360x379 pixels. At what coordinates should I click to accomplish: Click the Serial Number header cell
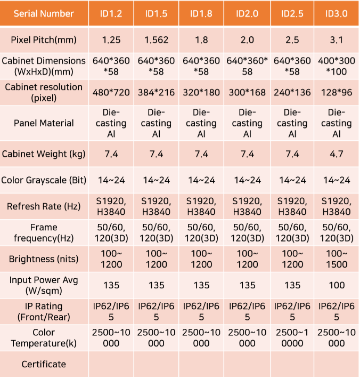click(44, 13)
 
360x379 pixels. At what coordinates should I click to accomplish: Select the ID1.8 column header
click(201, 13)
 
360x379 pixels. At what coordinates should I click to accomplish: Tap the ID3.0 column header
click(336, 13)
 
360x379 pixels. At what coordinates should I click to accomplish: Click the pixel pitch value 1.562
click(156, 40)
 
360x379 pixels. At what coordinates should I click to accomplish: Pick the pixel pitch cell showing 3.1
click(336, 40)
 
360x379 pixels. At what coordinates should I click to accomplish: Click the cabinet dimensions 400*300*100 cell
click(336, 66)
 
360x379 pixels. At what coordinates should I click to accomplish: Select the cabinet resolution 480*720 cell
click(111, 92)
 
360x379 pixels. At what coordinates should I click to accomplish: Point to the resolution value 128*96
click(336, 92)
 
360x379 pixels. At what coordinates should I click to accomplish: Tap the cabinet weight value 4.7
click(336, 154)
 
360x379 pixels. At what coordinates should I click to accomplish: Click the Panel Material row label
click(44, 123)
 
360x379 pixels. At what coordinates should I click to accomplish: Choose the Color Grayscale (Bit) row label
click(44, 180)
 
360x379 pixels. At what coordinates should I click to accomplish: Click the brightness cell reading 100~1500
click(336, 259)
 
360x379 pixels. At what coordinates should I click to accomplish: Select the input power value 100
click(336, 286)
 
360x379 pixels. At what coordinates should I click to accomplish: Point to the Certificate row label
click(44, 365)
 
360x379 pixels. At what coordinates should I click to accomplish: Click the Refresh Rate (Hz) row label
click(44, 206)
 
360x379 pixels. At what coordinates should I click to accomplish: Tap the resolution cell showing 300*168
click(247, 92)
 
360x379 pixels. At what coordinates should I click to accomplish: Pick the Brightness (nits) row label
click(44, 259)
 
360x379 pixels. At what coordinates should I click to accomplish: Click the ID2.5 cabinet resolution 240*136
click(292, 92)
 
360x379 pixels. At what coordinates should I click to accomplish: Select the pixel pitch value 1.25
click(111, 40)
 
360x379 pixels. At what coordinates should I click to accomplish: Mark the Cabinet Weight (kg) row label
click(44, 154)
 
